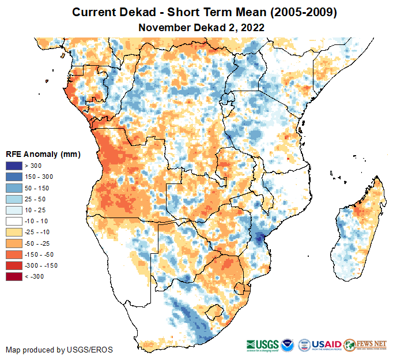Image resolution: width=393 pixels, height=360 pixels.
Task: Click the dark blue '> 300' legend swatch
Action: [14, 166]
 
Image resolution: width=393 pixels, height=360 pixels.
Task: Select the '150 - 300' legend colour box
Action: [14, 176]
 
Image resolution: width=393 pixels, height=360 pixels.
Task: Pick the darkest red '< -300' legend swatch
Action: [14, 276]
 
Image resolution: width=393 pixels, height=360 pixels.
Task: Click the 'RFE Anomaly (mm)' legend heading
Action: [43, 155]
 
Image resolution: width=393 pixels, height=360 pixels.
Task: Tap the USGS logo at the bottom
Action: [262, 345]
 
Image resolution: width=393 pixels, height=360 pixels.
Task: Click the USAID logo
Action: [327, 344]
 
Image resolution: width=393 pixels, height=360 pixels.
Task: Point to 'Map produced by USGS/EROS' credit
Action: [59, 350]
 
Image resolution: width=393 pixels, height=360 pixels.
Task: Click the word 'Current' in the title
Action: [93, 12]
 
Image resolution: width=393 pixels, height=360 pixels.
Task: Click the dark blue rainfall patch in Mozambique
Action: [261, 237]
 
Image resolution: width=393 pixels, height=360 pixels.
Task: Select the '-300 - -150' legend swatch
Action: [14, 266]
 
